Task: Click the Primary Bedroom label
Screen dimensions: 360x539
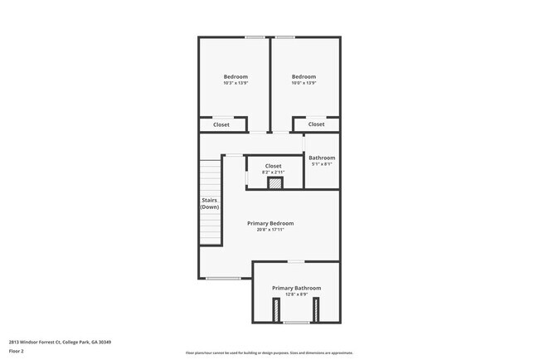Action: pyautogui.click(x=270, y=223)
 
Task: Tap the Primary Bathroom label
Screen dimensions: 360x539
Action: pyautogui.click(x=296, y=288)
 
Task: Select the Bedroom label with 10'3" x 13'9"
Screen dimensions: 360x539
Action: pyautogui.click(x=236, y=77)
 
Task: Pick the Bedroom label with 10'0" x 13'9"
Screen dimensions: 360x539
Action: pyautogui.click(x=303, y=77)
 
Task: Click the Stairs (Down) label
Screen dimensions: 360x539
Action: pyautogui.click(x=210, y=203)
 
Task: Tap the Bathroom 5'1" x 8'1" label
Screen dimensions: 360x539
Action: pyautogui.click(x=322, y=158)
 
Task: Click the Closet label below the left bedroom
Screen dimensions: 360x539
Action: pyautogui.click(x=221, y=124)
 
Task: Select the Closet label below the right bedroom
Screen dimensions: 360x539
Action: pyautogui.click(x=317, y=124)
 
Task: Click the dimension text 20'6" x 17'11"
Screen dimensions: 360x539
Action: pyautogui.click(x=270, y=230)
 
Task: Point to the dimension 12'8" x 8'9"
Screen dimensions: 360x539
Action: pyautogui.click(x=296, y=294)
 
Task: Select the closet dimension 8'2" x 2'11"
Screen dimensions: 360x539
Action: pyautogui.click(x=273, y=173)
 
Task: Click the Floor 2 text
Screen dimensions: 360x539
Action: pyautogui.click(x=17, y=351)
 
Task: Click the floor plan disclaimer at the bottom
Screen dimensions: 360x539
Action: pyautogui.click(x=269, y=353)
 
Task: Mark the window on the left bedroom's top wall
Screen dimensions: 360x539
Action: pyautogui.click(x=255, y=37)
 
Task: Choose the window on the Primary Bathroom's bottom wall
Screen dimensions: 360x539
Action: pyautogui.click(x=296, y=322)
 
